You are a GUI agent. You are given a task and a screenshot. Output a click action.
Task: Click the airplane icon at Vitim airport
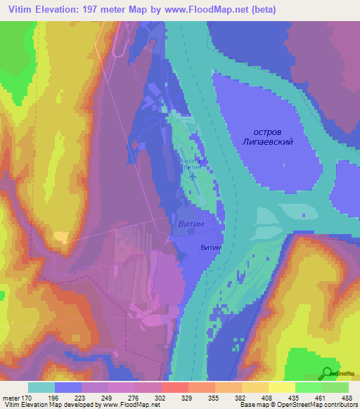pyautogui.click(x=193, y=175)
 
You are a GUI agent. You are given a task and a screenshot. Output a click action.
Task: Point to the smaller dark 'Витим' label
pyautogui.click(x=211, y=248)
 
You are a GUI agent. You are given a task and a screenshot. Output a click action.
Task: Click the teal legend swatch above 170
pyautogui.click(x=41, y=387)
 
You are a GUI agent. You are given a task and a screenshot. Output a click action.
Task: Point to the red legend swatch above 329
pyautogui.click(x=174, y=387)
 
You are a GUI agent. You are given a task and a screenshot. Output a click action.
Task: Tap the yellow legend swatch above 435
pyautogui.click(x=281, y=387)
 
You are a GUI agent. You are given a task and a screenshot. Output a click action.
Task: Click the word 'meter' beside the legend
pyautogui.click(x=11, y=397)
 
